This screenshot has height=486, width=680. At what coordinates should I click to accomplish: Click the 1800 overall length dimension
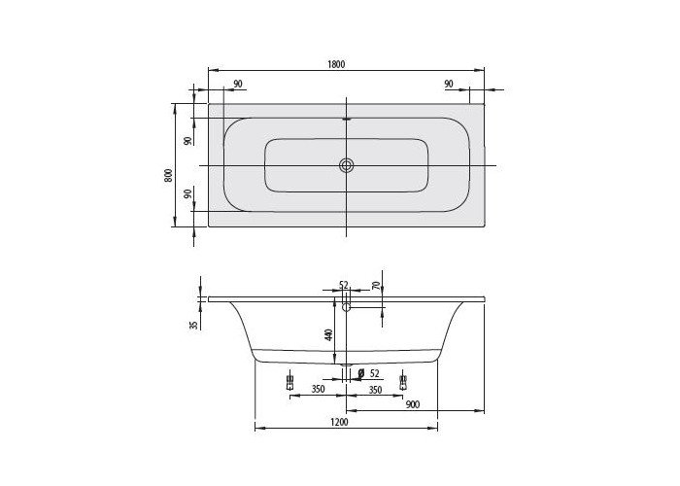pyautogui.click(x=336, y=64)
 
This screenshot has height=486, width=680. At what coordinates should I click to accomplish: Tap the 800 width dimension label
pyautogui.click(x=168, y=175)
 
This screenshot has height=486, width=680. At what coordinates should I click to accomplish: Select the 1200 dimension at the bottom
pyautogui.click(x=340, y=422)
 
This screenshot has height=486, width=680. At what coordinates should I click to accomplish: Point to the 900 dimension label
pyautogui.click(x=413, y=404)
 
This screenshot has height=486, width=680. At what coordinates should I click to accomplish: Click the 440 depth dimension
pyautogui.click(x=328, y=334)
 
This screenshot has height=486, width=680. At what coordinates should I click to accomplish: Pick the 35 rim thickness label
pyautogui.click(x=194, y=324)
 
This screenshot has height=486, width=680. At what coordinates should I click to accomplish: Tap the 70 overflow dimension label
pyautogui.click(x=376, y=286)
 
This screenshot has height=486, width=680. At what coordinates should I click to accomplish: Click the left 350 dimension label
pyautogui.click(x=318, y=389)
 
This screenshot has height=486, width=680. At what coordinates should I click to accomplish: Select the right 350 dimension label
pyautogui.click(x=375, y=390)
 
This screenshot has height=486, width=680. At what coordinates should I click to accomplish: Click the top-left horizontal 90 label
pyautogui.click(x=238, y=84)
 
